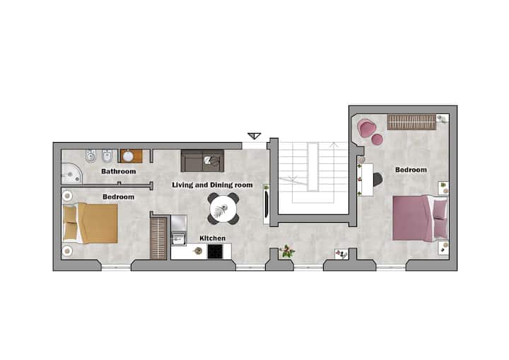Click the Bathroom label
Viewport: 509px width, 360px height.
point(119,171)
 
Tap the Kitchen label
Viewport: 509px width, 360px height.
point(212,238)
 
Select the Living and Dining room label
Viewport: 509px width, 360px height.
point(212,185)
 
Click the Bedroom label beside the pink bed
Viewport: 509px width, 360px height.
point(411,170)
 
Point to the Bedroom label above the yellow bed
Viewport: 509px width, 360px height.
point(118,197)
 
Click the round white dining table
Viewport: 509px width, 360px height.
point(223,209)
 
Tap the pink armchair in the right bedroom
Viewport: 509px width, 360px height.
point(367,127)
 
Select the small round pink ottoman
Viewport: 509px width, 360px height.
point(378,140)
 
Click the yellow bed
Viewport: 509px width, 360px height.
point(90,223)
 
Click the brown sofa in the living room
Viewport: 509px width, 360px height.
point(202,161)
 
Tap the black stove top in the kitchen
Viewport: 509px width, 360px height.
point(215,252)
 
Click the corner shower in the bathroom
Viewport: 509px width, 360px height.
point(71,174)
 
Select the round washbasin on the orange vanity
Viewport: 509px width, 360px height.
point(128,156)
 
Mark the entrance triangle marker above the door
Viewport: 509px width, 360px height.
point(255,136)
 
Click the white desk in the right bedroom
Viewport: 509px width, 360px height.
point(365,180)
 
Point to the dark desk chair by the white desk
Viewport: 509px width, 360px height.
point(378,180)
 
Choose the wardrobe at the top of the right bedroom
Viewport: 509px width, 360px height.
point(411,122)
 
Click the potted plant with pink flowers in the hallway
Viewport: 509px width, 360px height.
point(287,251)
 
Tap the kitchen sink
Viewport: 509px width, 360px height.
point(179,238)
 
